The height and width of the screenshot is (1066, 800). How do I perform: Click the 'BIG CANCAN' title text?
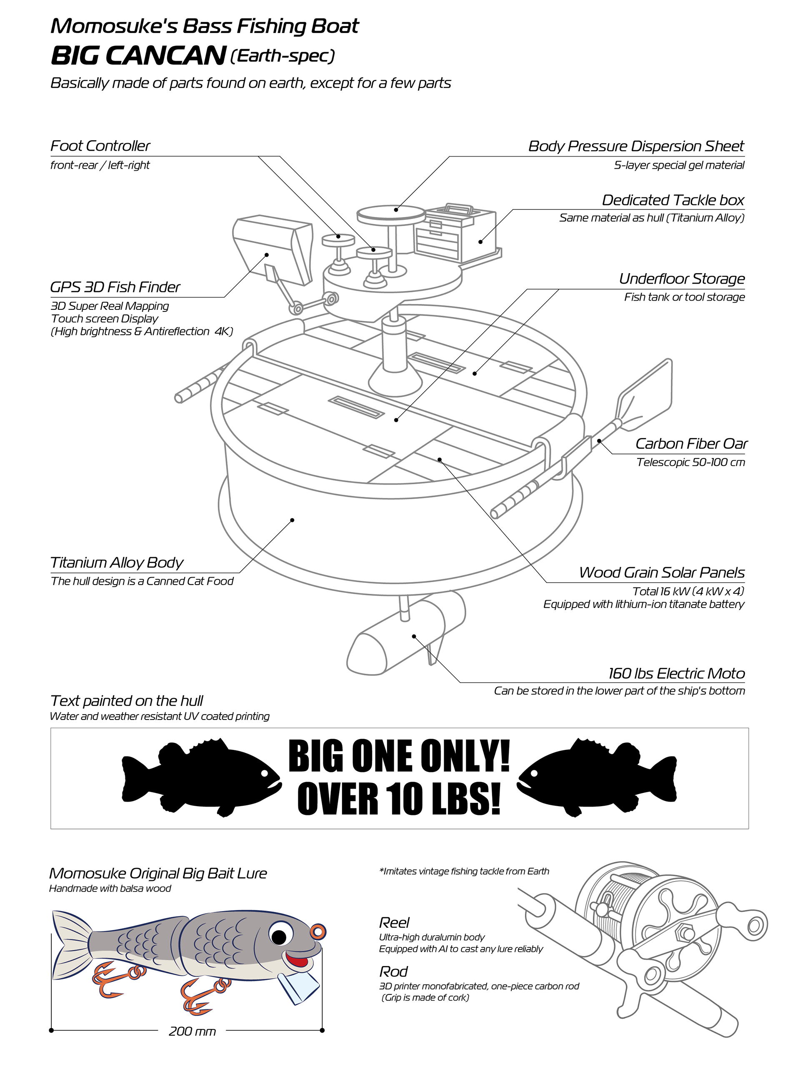point(138,55)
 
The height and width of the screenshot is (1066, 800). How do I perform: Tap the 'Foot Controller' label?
point(100,146)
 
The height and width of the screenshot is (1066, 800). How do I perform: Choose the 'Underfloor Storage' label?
point(681,279)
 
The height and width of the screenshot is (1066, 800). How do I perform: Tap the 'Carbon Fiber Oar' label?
point(691,443)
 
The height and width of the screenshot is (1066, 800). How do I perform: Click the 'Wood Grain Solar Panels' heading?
point(662,573)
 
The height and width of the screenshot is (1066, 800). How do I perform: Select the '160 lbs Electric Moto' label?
point(676,673)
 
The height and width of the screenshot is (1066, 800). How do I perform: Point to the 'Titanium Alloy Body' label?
point(117,563)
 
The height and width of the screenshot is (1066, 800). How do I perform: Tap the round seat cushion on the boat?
point(391,212)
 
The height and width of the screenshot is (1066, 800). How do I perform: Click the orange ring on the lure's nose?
point(318,932)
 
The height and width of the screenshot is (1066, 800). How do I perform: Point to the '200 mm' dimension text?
point(192,1031)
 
